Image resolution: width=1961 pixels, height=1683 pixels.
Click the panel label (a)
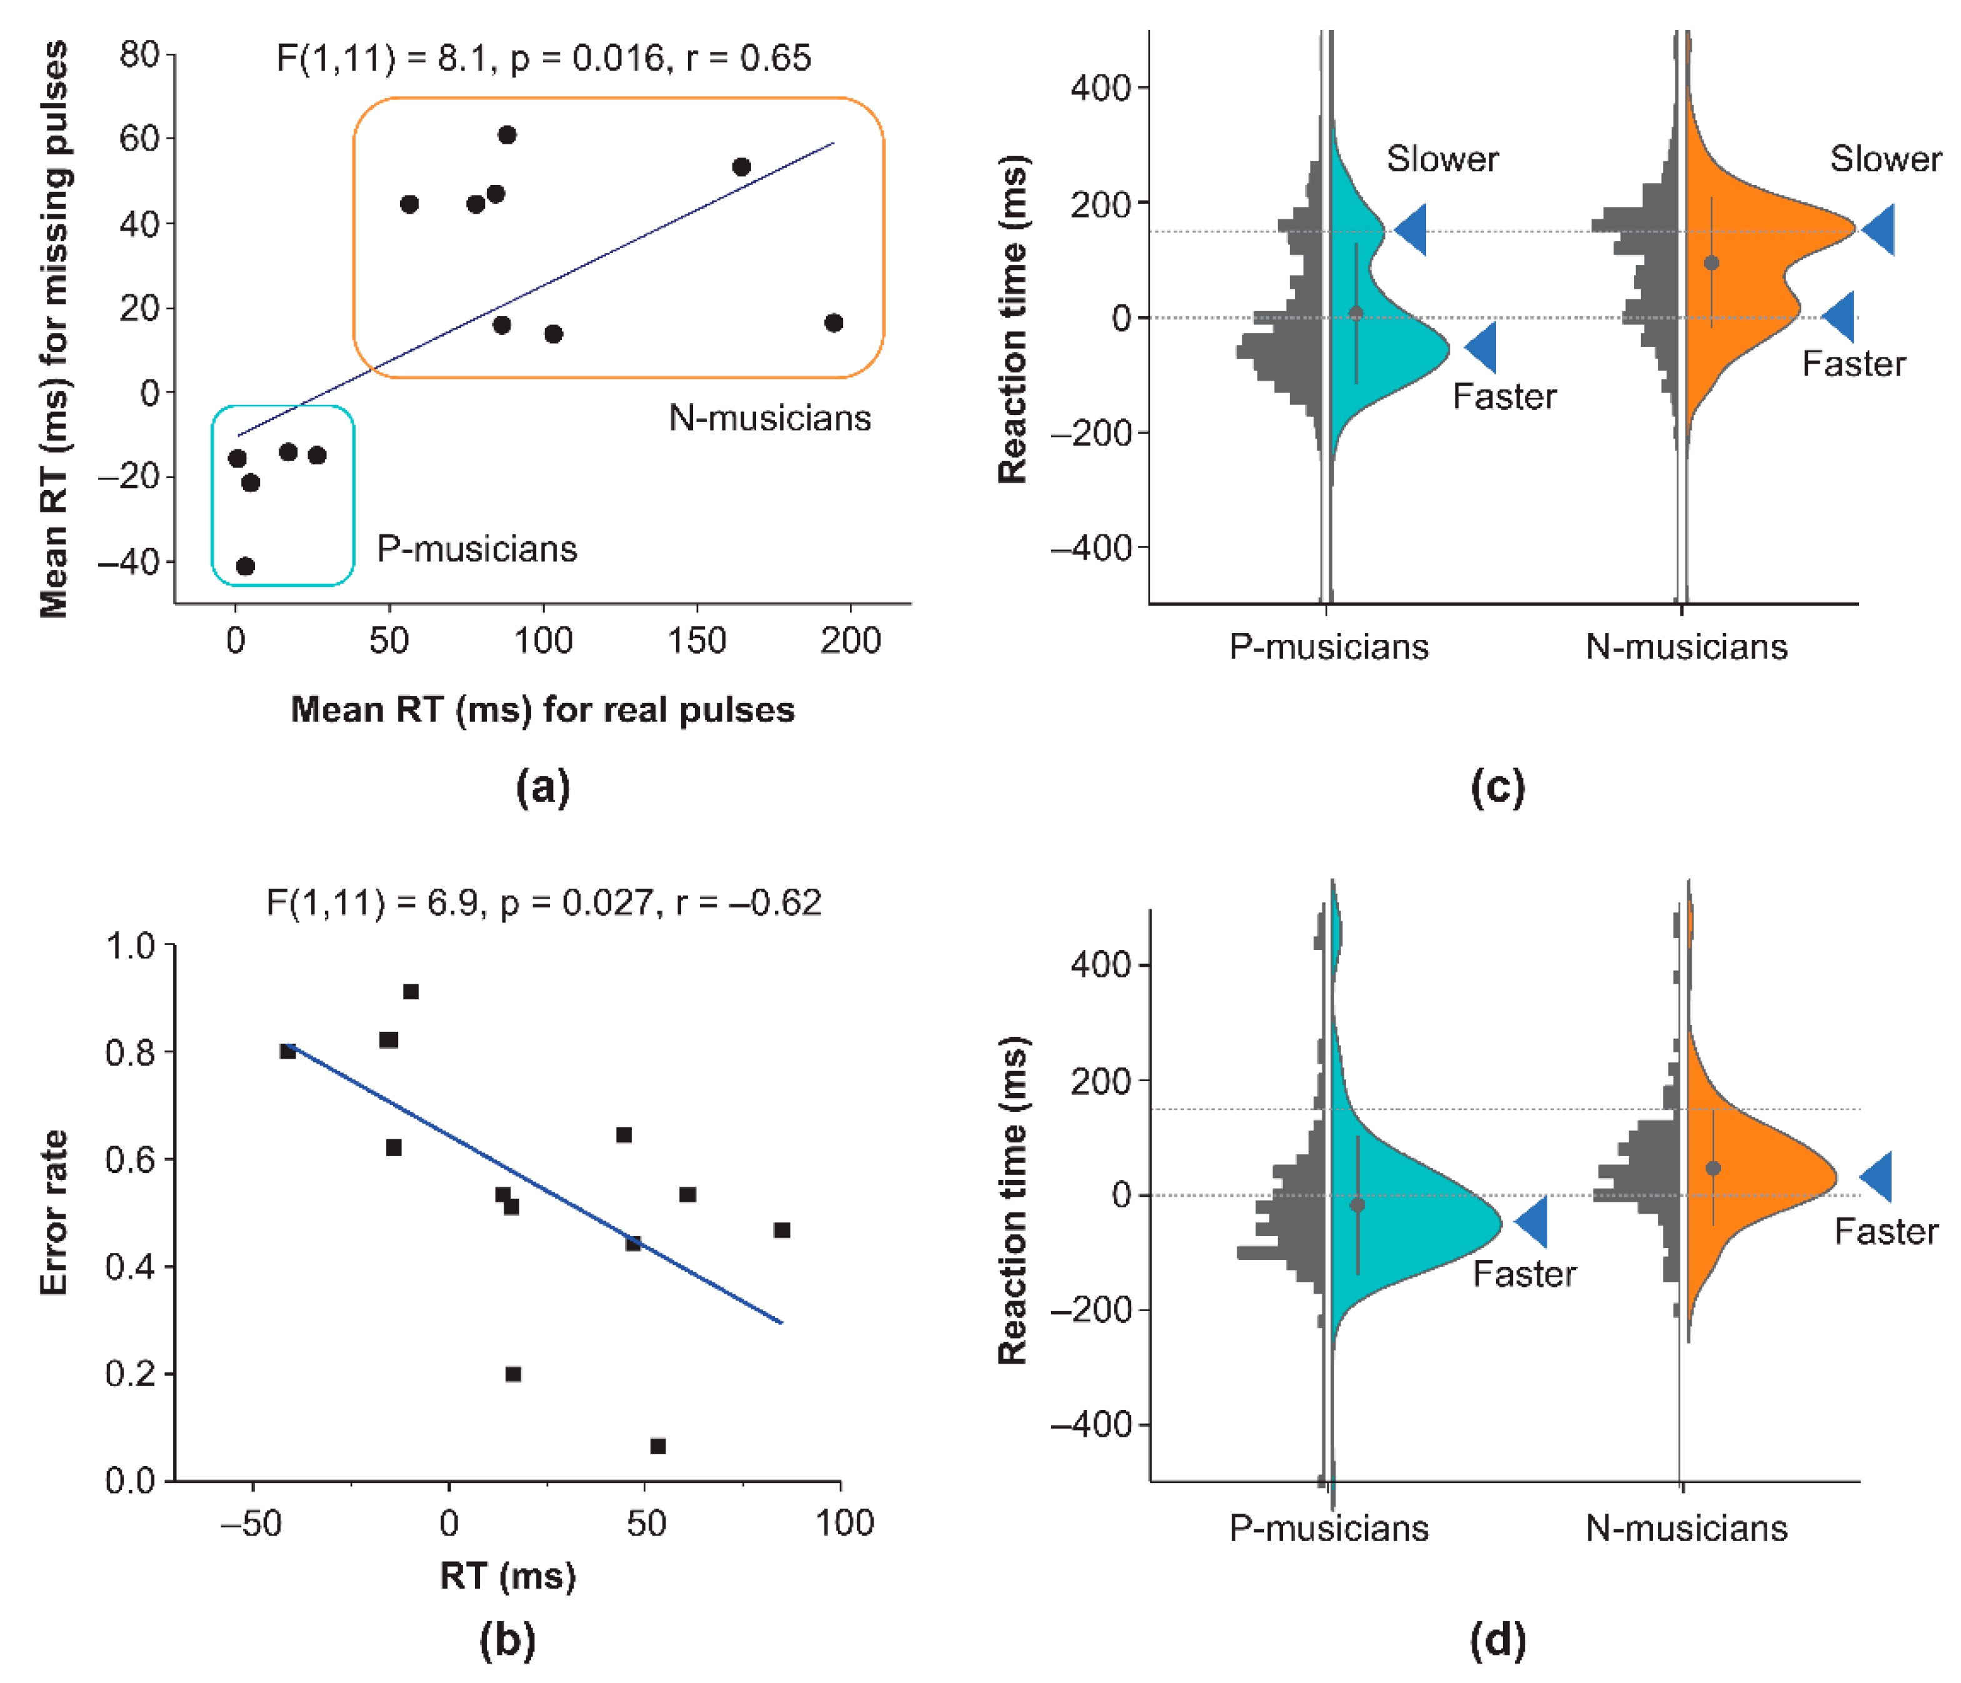[542, 787]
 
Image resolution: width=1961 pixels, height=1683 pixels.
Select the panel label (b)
[507, 1641]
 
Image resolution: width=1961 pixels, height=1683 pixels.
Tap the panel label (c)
[1497, 787]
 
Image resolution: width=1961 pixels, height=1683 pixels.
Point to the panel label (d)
[1497, 1641]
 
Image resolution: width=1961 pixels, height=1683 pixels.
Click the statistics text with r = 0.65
[543, 59]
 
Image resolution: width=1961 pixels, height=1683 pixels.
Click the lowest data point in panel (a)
[245, 566]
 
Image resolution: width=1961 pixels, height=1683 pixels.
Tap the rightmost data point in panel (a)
[833, 322]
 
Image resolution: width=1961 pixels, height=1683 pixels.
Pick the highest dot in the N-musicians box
[507, 136]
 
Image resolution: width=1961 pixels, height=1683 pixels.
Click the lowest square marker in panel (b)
[658, 1446]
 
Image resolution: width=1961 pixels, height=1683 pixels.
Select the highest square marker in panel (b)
[411, 991]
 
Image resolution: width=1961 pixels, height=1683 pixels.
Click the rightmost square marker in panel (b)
[782, 1229]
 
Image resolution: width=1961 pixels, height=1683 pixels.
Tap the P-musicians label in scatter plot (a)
[477, 549]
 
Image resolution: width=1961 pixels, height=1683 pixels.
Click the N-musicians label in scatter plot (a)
[769, 417]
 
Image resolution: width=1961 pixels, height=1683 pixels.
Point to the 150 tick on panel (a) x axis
[697, 641]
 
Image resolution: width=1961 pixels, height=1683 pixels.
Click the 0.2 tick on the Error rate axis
[131, 1374]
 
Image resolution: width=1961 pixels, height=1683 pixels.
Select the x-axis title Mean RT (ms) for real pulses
[542, 709]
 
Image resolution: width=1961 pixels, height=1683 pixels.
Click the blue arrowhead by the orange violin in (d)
[1877, 1177]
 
